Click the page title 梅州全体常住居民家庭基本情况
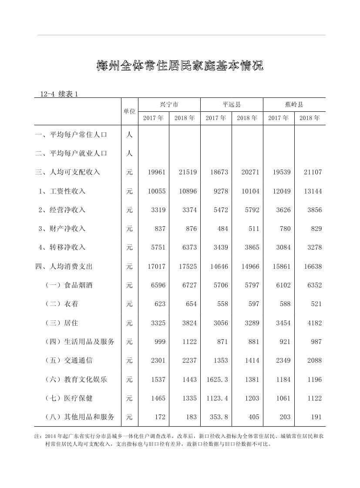(180, 66)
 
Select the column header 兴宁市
(169, 104)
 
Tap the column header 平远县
(232, 104)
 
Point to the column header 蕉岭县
(294, 104)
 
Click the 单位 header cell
(129, 111)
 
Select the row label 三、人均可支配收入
(67, 172)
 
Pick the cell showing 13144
(313, 191)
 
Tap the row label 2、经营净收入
(62, 210)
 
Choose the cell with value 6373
(188, 247)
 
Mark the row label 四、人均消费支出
(64, 267)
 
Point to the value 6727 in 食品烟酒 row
(188, 285)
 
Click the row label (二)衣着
(62, 304)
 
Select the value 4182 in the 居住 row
(313, 323)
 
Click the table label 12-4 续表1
(58, 94)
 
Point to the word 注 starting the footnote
(37, 436)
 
